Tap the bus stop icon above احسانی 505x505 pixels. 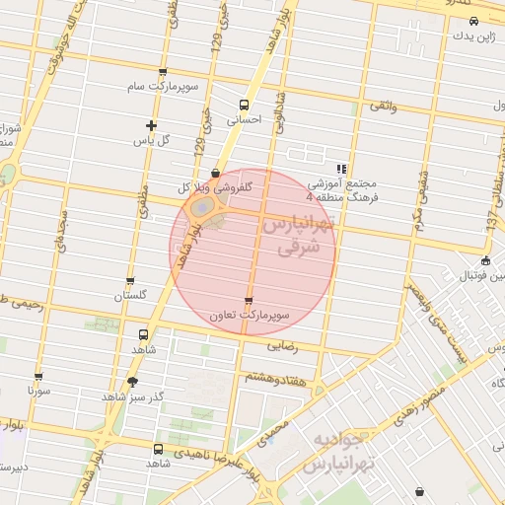[x=244, y=106]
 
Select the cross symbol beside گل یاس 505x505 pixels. [x=150, y=125]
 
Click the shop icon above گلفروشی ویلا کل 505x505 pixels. [x=215, y=173]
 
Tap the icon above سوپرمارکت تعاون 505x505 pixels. [x=248, y=301]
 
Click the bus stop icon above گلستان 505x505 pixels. [x=130, y=281]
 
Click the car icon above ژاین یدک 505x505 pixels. [x=473, y=21]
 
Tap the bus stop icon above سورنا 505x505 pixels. [x=38, y=376]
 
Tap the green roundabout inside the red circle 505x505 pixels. [x=201, y=208]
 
